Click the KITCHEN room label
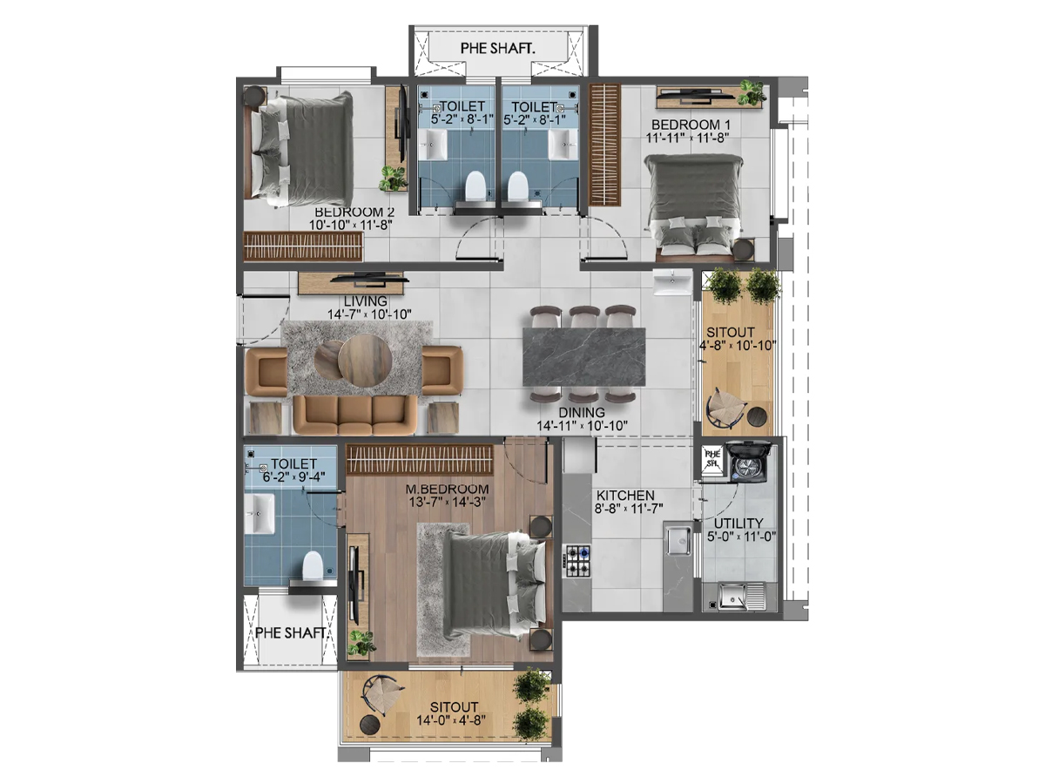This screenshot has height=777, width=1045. tap(625, 496)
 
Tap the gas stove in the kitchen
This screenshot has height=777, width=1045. tap(577, 561)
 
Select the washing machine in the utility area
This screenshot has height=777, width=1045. tap(748, 462)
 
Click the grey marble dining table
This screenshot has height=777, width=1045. tap(583, 357)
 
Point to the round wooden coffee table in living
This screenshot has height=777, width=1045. tap(364, 361)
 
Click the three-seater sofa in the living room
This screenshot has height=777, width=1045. tap(354, 415)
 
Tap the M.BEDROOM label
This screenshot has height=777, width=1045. tap(447, 489)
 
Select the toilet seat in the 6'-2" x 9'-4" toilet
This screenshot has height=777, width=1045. tap(312, 566)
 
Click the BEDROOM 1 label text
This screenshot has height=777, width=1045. tap(691, 125)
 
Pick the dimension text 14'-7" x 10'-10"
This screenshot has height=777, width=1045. tap(369, 314)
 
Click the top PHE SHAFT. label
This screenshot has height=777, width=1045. tap(497, 48)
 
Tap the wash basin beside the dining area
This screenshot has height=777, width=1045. tap(672, 282)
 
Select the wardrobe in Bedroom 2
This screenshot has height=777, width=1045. tap(303, 247)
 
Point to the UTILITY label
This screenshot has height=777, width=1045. tap(738, 524)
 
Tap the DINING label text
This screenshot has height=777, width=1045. tap(582, 413)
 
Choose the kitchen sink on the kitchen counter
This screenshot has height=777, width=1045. tap(678, 541)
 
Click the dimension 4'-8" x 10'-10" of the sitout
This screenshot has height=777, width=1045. tap(738, 346)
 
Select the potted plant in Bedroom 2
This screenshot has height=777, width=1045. tap(393, 179)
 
